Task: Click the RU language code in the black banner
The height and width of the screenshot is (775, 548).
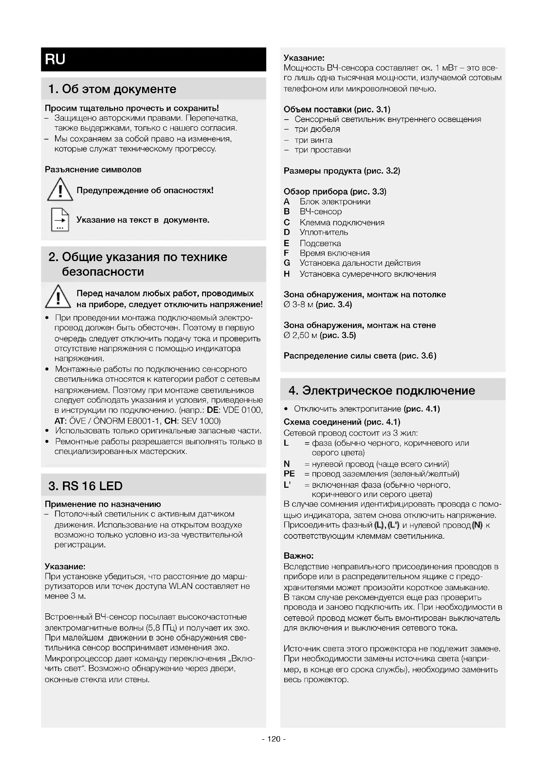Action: pyautogui.click(x=55, y=59)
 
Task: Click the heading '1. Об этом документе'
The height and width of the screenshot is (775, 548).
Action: pyautogui.click(x=112, y=89)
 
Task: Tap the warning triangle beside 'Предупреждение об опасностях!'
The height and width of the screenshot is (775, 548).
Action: pyautogui.click(x=60, y=191)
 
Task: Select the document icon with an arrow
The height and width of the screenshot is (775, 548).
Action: pyautogui.click(x=60, y=220)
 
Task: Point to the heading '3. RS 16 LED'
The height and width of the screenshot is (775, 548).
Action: pyautogui.click(x=85, y=486)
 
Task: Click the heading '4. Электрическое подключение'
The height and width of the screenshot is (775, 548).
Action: pyautogui.click(x=382, y=391)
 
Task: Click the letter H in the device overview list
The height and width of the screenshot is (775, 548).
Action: pyautogui.click(x=287, y=274)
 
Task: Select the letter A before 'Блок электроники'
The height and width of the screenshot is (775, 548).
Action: pyautogui.click(x=287, y=202)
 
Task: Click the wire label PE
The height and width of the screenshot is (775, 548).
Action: pyautogui.click(x=289, y=474)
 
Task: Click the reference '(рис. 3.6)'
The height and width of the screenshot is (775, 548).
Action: pyautogui.click(x=418, y=356)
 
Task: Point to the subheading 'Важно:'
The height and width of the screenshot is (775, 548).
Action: pyautogui.click(x=299, y=556)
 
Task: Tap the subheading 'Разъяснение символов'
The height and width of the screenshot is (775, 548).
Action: pyautogui.click(x=93, y=170)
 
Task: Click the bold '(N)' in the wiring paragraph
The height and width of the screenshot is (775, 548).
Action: pyautogui.click(x=477, y=525)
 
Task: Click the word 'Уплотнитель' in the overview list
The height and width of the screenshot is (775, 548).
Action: pyautogui.click(x=324, y=232)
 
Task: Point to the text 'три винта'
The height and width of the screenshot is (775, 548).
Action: pyautogui.click(x=313, y=140)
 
